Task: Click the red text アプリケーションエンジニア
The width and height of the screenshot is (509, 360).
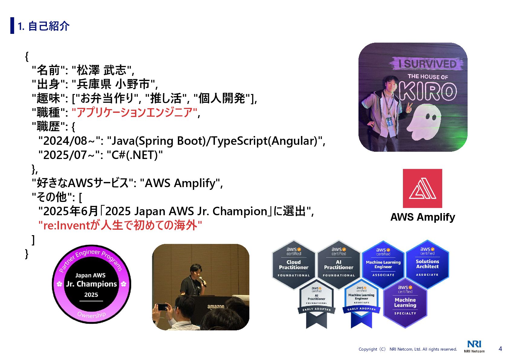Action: click(x=135, y=112)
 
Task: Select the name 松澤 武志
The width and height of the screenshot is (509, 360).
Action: click(x=102, y=70)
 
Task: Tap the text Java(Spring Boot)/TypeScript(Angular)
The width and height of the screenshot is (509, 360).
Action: click(x=215, y=141)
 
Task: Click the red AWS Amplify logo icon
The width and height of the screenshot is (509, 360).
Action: click(x=422, y=188)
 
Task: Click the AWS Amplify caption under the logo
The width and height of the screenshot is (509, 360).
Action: click(x=423, y=217)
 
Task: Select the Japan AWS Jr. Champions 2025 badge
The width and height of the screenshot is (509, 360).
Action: click(x=91, y=284)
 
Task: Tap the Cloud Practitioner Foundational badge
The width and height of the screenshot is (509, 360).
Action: click(x=293, y=264)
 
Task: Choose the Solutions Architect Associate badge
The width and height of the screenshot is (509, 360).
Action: click(x=427, y=264)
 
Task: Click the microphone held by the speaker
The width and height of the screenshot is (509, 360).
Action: click(x=202, y=281)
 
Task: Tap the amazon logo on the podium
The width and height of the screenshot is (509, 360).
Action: click(x=216, y=306)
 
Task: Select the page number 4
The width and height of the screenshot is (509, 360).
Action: click(x=500, y=349)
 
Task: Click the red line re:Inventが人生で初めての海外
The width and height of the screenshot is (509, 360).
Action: click(x=120, y=225)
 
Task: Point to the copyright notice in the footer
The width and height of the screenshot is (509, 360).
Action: click(x=407, y=349)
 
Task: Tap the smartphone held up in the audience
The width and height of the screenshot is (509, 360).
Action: click(x=162, y=307)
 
